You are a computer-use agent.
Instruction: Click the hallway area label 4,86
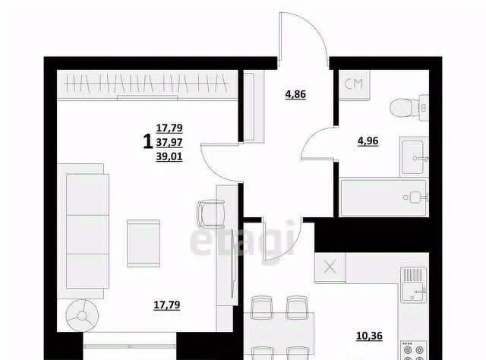pos(295,94)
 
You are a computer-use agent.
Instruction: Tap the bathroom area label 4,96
pos(368,141)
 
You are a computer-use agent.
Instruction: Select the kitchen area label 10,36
pos(370,336)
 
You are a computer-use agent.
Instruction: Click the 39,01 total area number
pos(169,157)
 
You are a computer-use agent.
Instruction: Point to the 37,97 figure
pos(169,142)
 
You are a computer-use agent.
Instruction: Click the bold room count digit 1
pos(147,142)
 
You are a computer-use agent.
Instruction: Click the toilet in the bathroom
pos(409,108)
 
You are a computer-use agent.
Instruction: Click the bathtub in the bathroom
pos(385,197)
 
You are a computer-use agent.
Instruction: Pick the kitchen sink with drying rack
pos(413,285)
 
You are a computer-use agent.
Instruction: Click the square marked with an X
pos(330,267)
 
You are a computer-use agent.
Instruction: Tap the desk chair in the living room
pos(211,214)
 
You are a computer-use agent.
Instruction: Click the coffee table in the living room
pos(144,243)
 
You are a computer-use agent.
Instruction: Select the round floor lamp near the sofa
pos(82,316)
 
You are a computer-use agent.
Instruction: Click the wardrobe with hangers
pos(147,84)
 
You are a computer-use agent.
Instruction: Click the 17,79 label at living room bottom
pos(167,305)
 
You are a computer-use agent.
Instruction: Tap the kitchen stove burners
pos(413,351)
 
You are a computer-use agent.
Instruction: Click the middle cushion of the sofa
pos(88,235)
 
